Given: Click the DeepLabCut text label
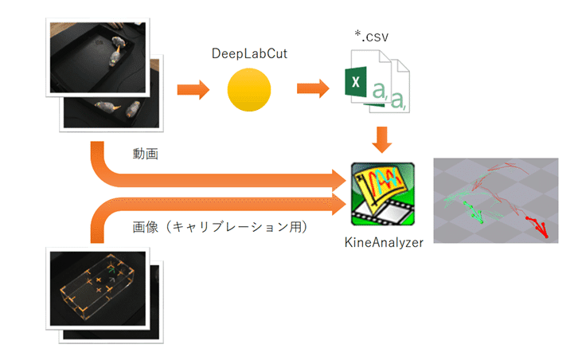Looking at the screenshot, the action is click(x=249, y=54).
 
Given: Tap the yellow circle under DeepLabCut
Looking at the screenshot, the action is click(x=249, y=89).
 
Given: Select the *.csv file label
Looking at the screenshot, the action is click(x=372, y=37).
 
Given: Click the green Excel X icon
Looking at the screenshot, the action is click(x=356, y=82).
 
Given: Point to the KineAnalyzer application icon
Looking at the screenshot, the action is click(x=382, y=194).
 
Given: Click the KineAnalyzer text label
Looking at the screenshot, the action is click(x=384, y=243).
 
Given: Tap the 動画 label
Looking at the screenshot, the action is click(x=145, y=154).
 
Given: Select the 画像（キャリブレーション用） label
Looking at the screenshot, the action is click(x=220, y=227).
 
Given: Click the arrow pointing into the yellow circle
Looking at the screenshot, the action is click(x=193, y=89).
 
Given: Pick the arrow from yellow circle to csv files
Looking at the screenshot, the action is click(x=313, y=88).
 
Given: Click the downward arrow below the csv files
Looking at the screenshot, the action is click(x=382, y=139).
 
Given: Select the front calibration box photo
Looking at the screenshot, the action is click(x=98, y=289).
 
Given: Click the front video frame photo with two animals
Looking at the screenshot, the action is click(x=98, y=57).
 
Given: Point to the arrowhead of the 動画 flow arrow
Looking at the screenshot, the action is click(x=339, y=180).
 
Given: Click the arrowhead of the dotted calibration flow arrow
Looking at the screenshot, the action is click(x=339, y=204).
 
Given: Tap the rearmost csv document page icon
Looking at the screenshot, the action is click(x=399, y=86).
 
